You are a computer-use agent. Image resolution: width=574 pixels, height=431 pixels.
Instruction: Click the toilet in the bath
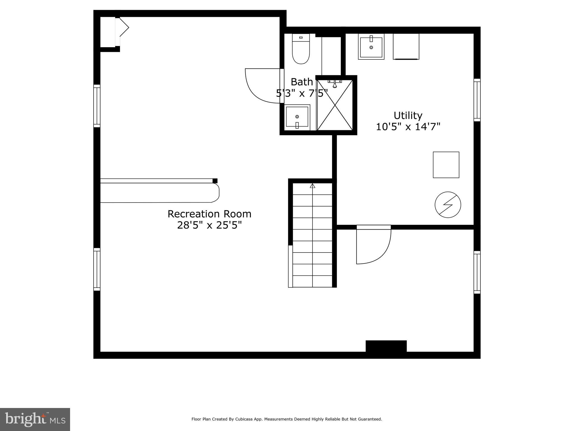[301, 49]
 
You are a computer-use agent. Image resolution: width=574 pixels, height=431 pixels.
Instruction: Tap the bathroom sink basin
[297, 117]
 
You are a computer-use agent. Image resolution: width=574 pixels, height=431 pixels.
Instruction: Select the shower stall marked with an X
[335, 105]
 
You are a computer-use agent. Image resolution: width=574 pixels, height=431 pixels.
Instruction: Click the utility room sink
[371, 47]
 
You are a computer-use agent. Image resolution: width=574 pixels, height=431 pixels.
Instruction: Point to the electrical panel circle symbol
[448, 205]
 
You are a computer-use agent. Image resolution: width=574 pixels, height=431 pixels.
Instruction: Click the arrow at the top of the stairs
[313, 186]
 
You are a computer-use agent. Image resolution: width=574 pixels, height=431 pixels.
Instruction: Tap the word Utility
[408, 116]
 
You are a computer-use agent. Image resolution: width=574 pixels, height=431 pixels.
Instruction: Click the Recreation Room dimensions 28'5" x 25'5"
[209, 225]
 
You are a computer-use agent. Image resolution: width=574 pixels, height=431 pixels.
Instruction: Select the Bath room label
[302, 82]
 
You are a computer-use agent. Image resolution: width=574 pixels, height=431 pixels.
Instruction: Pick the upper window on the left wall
[97, 106]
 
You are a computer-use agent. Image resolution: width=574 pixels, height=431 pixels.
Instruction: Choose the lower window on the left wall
[97, 269]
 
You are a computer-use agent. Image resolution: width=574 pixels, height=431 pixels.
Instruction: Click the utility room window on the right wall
[477, 100]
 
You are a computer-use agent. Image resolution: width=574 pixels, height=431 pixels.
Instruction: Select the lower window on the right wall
[477, 272]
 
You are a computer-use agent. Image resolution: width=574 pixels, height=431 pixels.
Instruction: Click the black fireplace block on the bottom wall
[386, 346]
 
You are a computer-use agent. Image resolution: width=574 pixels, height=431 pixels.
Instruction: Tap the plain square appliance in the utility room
[446, 165]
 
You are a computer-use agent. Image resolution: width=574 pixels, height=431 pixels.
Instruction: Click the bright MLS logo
[35, 419]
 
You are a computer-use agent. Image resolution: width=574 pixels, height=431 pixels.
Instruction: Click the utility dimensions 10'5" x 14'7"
[408, 127]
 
